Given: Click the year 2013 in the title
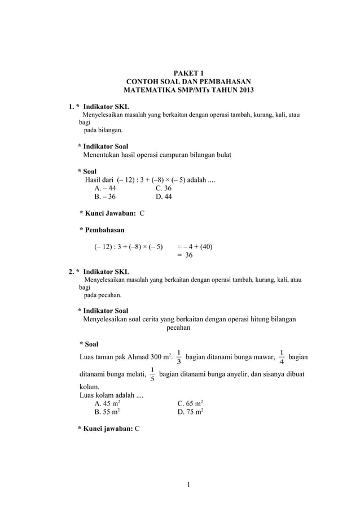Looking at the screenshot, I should pyautogui.click(x=244, y=90).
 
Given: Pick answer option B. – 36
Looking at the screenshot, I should pyautogui.click(x=106, y=197).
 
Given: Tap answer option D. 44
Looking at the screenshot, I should pyautogui.click(x=164, y=197).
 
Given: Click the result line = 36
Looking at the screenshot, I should pyautogui.click(x=185, y=255).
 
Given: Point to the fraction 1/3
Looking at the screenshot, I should pyautogui.click(x=179, y=358).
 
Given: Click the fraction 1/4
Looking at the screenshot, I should pyautogui.click(x=282, y=358).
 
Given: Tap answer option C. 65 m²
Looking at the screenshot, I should pyautogui.click(x=190, y=404).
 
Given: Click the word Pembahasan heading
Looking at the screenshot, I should pyautogui.click(x=104, y=230).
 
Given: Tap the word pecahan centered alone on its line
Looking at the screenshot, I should pyautogui.click(x=178, y=328).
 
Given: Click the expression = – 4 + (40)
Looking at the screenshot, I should pyautogui.click(x=195, y=246).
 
